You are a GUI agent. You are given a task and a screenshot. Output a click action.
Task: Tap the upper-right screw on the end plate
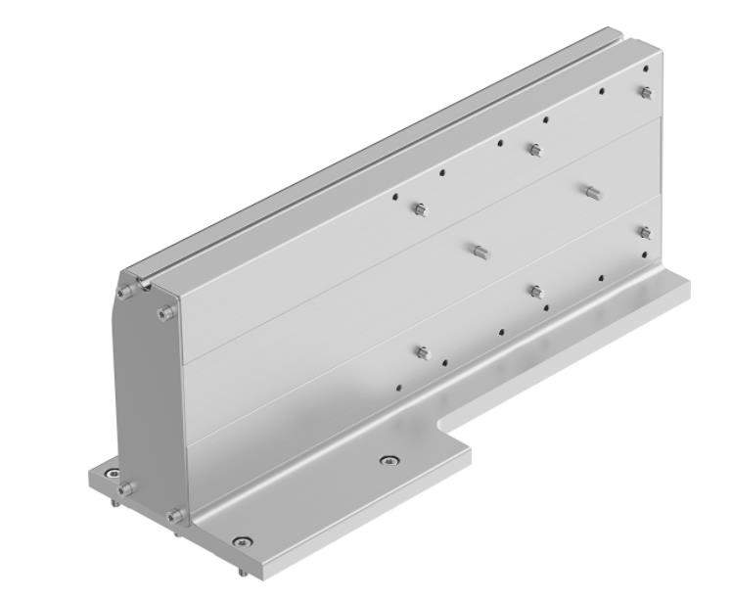click(x=165, y=313)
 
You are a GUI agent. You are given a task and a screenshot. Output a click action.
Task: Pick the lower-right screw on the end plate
click(x=175, y=516)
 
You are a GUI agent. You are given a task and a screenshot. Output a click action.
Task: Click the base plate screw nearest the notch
click(x=389, y=460)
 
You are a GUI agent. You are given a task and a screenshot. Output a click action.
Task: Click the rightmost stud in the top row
click(x=645, y=93)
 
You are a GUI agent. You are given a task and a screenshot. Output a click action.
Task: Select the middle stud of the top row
click(x=534, y=150)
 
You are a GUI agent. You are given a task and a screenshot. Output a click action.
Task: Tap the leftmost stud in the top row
click(x=420, y=209)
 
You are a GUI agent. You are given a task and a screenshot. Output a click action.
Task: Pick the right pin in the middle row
click(x=591, y=191)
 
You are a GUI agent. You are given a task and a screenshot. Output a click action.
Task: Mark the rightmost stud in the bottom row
click(x=645, y=232)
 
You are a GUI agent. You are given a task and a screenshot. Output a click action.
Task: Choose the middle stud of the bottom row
click(x=535, y=291)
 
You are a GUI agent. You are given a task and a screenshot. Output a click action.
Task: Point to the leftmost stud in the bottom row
click(x=422, y=352)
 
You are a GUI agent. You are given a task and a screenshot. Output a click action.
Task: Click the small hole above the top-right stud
click(x=646, y=69)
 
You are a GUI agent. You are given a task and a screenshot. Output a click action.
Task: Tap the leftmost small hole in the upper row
click(x=395, y=196)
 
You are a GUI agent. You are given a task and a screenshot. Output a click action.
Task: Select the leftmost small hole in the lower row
click(x=398, y=387)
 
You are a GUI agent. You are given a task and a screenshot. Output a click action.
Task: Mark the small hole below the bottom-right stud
click(x=646, y=255)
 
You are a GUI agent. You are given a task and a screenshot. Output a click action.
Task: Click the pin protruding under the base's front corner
click(x=242, y=565)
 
